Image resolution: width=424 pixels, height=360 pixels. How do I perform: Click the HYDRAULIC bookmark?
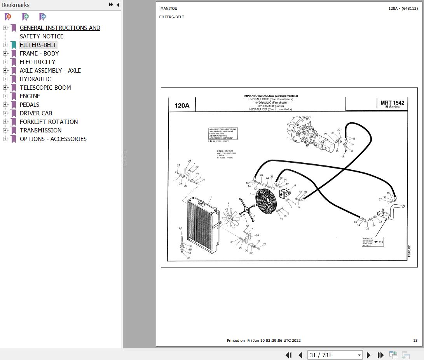coord(35,79)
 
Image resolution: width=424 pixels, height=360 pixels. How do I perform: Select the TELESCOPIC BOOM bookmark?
coord(45,88)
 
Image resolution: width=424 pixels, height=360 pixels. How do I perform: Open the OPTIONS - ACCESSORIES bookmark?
coord(53,139)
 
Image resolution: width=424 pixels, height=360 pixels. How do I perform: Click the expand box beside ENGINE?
coord(5,96)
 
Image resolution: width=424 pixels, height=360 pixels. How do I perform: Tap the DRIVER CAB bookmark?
coord(36,113)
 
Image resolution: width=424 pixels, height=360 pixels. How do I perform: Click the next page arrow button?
coord(369,355)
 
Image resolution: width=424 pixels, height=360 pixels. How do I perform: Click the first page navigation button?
coord(288,355)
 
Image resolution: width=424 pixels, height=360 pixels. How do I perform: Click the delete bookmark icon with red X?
coord(8,17)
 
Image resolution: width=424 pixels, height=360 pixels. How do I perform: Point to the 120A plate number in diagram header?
coord(181,105)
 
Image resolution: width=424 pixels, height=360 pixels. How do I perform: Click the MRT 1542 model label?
coord(392,103)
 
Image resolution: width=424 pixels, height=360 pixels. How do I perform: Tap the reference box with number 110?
coord(373,242)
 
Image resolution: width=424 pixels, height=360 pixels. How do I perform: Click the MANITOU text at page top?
coord(169,9)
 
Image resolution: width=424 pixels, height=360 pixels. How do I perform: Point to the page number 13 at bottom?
coord(415,341)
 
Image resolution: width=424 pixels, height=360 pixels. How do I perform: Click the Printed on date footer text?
coord(263,341)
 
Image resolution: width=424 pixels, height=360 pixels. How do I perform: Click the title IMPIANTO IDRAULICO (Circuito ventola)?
coord(270,96)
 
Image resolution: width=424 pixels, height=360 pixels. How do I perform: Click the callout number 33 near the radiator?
coord(180,228)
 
